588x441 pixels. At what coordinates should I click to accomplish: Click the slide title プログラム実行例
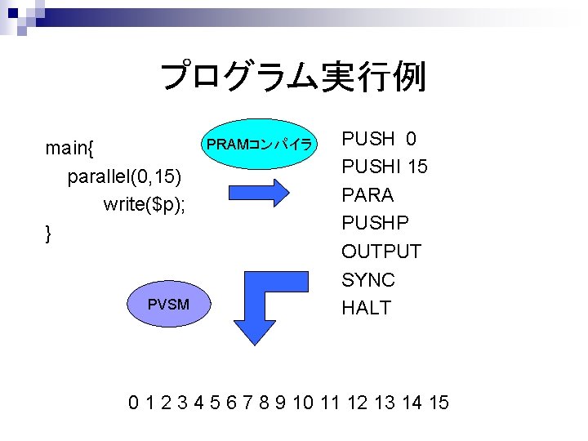[x=292, y=78]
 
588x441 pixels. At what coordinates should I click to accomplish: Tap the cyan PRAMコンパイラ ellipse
[x=259, y=145]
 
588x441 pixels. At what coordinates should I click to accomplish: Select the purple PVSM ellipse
[x=168, y=305]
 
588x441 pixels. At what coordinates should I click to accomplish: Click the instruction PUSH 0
[x=378, y=139]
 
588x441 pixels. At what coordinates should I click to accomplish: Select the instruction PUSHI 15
[x=384, y=167]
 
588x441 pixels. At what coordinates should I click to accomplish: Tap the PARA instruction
[x=367, y=195]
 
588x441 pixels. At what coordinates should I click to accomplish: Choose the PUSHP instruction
[x=375, y=223]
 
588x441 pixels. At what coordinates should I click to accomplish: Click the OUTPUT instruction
[x=381, y=252]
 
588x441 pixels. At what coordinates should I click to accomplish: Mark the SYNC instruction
[x=367, y=280]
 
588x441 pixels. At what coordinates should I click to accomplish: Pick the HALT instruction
[x=367, y=308]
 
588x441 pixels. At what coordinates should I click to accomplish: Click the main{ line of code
[x=69, y=148]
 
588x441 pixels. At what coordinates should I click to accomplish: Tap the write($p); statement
[x=145, y=204]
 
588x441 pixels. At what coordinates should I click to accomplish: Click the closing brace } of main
[x=49, y=234]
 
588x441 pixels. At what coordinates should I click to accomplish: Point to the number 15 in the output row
[x=438, y=402]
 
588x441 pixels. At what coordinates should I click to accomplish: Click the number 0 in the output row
[x=133, y=402]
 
